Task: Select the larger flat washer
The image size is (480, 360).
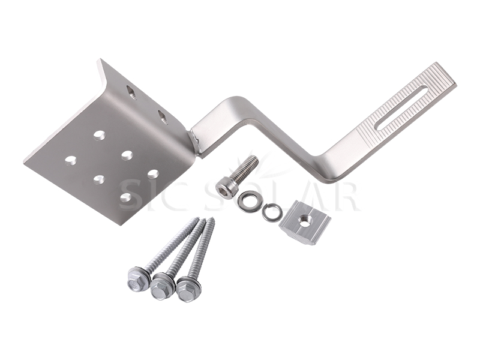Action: pos(248,202)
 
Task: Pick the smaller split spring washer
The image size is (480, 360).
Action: pos(272,212)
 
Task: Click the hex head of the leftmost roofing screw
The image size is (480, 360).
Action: pos(137,276)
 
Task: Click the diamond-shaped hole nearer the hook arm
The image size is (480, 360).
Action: pos(161,117)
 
